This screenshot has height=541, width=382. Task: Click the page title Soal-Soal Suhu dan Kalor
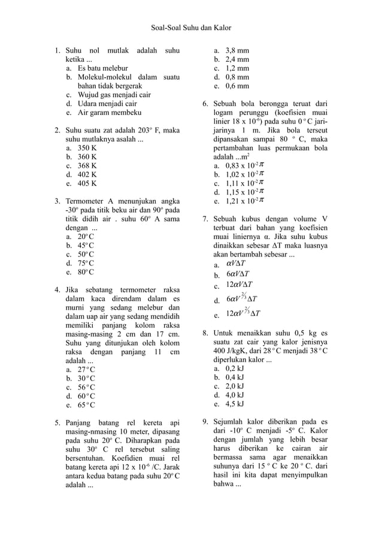[191, 28]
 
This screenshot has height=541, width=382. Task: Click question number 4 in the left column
[57, 291]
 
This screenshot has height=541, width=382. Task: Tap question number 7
[205, 219]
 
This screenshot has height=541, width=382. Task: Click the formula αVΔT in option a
[236, 262]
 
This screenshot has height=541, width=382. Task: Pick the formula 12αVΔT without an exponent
[239, 284]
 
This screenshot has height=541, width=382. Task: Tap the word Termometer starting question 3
[86, 201]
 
